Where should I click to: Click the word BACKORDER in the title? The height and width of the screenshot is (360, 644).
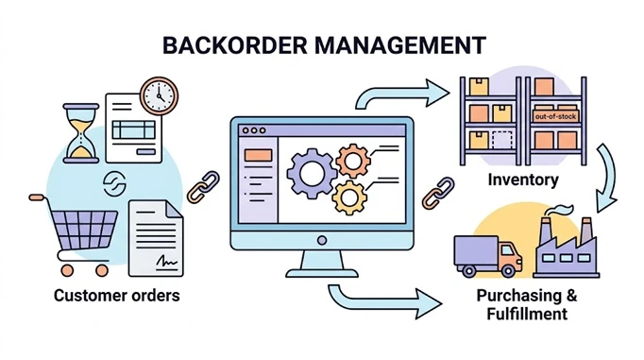[235, 45]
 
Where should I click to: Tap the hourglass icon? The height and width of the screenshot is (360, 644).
[81, 133]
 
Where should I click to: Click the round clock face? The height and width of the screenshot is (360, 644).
[160, 95]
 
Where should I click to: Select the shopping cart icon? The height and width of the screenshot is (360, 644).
[74, 235]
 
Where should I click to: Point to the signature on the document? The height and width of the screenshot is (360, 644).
[167, 261]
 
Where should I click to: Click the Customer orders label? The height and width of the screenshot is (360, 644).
[117, 296]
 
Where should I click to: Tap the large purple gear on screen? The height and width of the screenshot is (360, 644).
[312, 174]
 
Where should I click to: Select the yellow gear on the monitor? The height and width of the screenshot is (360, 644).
[349, 197]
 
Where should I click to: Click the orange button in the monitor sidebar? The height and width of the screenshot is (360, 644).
[258, 155]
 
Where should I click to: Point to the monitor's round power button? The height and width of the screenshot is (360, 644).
[322, 240]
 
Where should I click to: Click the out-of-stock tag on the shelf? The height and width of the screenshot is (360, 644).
[555, 116]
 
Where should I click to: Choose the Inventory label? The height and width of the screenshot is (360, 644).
[523, 180]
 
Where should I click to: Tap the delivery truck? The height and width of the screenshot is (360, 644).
[487, 256]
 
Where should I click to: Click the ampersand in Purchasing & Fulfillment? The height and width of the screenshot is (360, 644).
[571, 296]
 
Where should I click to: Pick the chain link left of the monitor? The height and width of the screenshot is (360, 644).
[203, 187]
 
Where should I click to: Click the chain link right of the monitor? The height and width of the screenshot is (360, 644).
[438, 193]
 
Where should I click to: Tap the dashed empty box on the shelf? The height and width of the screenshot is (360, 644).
[502, 140]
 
